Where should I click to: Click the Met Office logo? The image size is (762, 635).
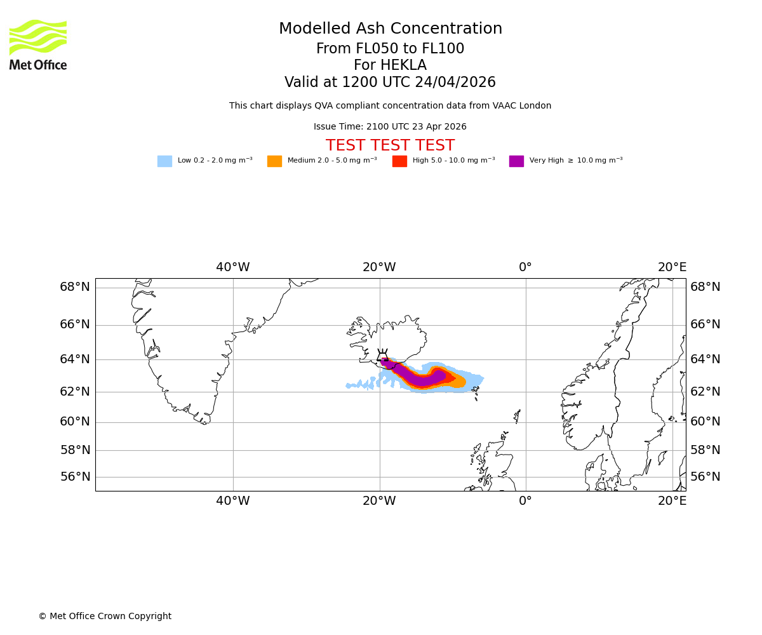click(38, 44)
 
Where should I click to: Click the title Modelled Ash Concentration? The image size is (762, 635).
click(390, 29)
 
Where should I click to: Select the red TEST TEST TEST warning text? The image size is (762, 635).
click(390, 146)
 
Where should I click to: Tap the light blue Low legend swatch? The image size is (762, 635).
click(164, 161)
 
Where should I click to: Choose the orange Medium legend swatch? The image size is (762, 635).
click(274, 161)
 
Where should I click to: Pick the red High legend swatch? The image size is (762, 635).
click(399, 161)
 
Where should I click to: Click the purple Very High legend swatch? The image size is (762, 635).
click(516, 161)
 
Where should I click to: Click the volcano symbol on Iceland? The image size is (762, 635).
click(382, 357)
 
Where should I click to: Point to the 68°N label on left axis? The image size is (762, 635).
click(75, 287)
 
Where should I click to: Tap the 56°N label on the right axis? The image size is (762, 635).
click(705, 477)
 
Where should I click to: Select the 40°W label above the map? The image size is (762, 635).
click(232, 267)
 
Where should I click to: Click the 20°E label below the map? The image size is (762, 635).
click(672, 501)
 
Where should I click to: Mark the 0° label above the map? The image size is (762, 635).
click(525, 267)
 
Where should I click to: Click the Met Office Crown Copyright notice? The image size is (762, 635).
click(105, 617)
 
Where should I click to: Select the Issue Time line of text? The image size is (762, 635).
click(390, 127)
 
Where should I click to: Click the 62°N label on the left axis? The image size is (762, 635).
click(75, 392)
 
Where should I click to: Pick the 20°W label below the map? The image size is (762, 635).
click(379, 501)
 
